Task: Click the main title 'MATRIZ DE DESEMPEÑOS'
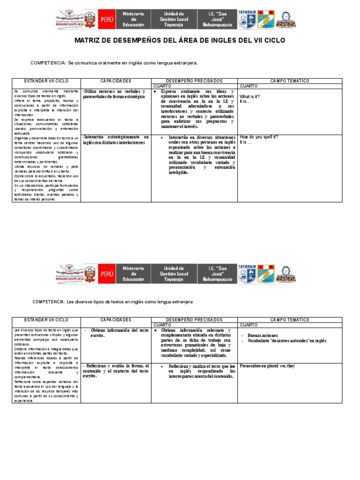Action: pos(180,41)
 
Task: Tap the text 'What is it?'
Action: pos(250,96)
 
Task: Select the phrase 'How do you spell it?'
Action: pos(259,137)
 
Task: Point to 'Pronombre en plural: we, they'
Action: pos(267,366)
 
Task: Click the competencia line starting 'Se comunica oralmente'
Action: pos(114,62)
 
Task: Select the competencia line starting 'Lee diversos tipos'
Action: pos(112,302)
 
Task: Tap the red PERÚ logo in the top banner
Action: pos(106,20)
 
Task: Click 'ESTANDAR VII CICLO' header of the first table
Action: pos(46,81)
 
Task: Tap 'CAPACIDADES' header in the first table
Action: pos(116,81)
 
